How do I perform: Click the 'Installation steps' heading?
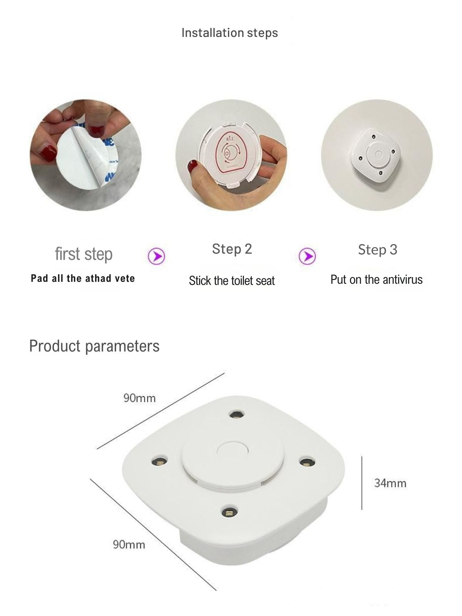click(230, 33)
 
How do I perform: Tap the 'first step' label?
click(84, 254)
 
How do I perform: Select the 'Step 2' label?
click(232, 249)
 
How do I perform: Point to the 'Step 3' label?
click(378, 250)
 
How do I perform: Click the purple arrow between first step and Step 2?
click(157, 256)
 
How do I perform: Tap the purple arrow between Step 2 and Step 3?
click(307, 256)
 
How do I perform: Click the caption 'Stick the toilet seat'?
click(232, 281)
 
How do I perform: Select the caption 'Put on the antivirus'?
click(377, 280)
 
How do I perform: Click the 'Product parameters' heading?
click(94, 346)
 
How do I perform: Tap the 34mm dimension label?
click(390, 483)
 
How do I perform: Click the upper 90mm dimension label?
click(139, 398)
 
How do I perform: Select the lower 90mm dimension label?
click(129, 544)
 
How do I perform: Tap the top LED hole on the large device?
click(236, 414)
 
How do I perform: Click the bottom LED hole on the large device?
click(229, 512)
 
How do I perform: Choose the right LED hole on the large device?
click(307, 462)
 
